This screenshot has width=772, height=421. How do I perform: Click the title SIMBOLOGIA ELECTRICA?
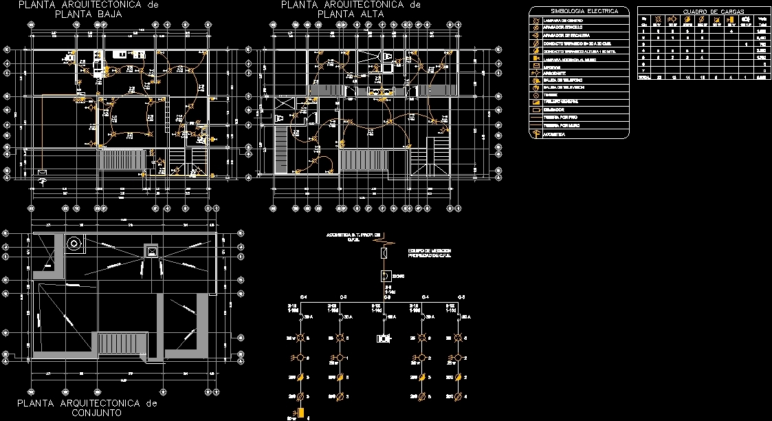[x=579, y=11]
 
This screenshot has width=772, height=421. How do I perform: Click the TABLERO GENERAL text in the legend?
[x=556, y=102]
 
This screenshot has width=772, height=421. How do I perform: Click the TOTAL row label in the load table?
[x=644, y=78]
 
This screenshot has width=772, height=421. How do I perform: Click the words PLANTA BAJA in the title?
[x=88, y=14]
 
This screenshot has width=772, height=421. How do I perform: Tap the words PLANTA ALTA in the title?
[x=350, y=14]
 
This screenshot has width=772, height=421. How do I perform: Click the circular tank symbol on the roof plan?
[x=73, y=242]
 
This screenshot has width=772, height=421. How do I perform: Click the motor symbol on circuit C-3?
[x=384, y=338]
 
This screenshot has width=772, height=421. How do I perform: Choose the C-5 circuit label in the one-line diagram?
[x=462, y=296]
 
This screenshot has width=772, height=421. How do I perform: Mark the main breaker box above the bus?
[x=385, y=276]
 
